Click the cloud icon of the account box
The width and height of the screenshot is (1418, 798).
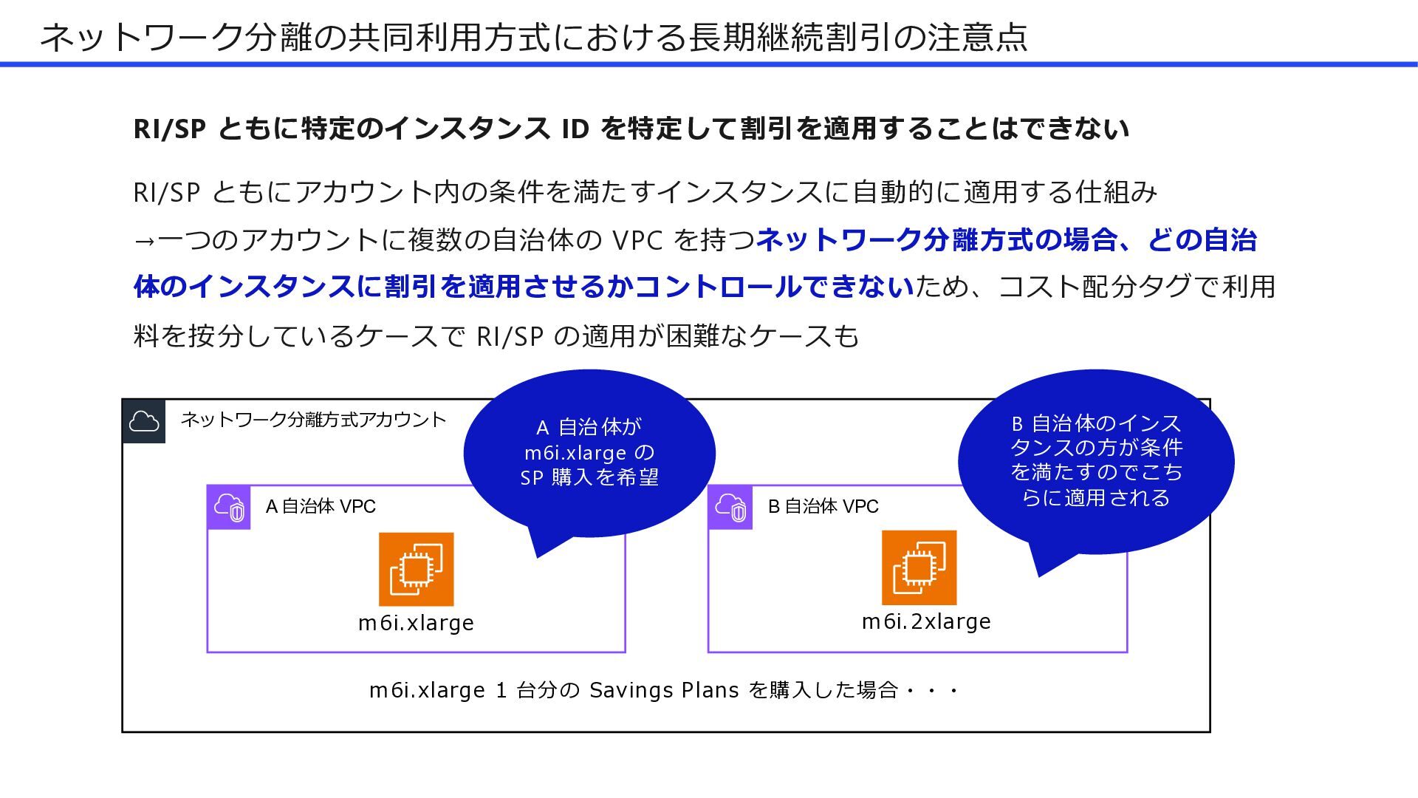point(144,422)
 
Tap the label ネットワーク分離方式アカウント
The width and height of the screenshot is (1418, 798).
point(313,420)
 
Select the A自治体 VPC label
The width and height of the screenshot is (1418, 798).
point(321,507)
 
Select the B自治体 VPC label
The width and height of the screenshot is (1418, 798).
point(823,507)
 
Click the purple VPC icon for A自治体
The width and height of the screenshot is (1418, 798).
point(229,508)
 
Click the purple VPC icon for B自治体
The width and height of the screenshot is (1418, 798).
point(730,508)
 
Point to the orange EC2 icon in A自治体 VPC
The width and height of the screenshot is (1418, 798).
point(416,569)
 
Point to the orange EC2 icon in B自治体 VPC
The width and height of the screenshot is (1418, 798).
point(919,567)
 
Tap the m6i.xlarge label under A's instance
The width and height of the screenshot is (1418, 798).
point(416,623)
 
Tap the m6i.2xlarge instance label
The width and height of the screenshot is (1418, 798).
point(926,621)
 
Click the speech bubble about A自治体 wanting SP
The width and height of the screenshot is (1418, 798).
point(589,452)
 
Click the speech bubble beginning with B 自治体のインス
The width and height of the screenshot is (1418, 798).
point(1096,460)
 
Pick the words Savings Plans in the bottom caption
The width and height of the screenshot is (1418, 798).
point(664,690)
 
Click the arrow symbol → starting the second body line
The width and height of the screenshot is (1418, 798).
point(145,240)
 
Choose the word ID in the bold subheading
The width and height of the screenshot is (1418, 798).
point(575,129)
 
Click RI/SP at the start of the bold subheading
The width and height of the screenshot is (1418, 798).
point(169,129)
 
